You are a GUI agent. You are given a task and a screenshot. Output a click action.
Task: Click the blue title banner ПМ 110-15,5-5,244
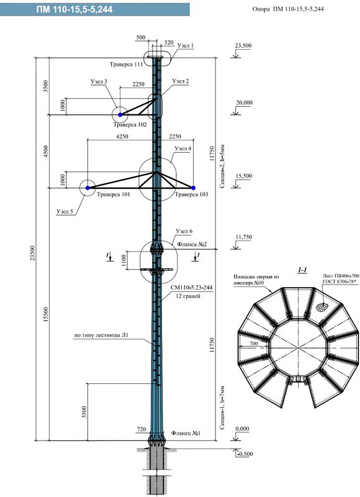(95, 9)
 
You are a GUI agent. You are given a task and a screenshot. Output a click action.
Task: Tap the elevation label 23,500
(243, 45)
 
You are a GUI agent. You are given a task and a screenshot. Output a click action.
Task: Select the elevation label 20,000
(244, 103)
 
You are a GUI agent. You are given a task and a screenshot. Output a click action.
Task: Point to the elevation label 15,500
(244, 176)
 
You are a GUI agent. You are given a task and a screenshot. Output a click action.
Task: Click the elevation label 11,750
(243, 237)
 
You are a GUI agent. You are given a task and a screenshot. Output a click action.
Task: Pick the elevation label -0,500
(245, 454)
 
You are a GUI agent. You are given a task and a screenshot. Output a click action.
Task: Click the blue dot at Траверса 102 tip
(120, 115)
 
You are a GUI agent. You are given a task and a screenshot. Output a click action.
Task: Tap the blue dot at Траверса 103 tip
(194, 188)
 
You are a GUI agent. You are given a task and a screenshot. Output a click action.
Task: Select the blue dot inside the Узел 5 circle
(88, 188)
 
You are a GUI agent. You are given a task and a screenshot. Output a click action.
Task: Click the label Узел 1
(185, 45)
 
